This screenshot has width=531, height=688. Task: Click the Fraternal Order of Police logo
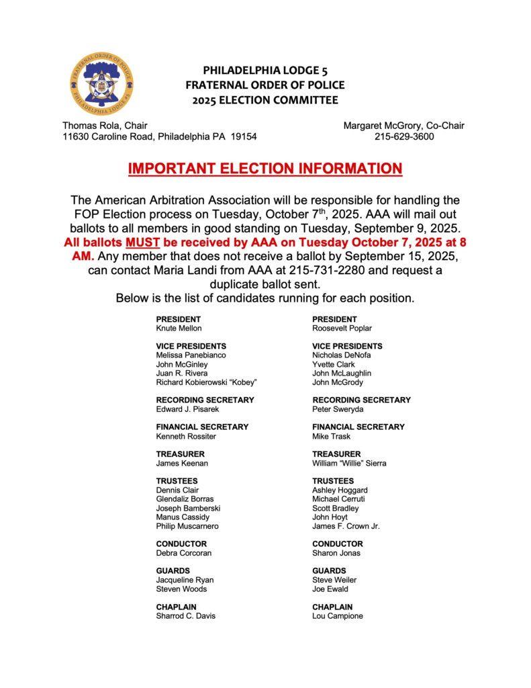tap(101, 84)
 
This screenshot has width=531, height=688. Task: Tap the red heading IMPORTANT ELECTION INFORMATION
tap(265, 168)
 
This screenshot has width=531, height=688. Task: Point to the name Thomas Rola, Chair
tap(105, 125)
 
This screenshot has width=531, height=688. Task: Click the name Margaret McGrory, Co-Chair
tap(403, 125)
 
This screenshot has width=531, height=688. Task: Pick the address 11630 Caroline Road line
tap(159, 136)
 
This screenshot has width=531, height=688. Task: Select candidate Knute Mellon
tap(179, 329)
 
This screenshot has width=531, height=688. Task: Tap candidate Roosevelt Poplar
tap(342, 329)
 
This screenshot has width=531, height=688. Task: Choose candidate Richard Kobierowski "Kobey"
tap(207, 382)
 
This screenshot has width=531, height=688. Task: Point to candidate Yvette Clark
tap(334, 364)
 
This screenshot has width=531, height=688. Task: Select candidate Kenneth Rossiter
tap(186, 436)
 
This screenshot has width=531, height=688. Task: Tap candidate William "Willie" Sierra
tap(349, 463)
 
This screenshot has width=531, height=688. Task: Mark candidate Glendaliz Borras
tap(185, 499)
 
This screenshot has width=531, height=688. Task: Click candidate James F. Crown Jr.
tap(346, 526)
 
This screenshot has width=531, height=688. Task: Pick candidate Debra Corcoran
tap(184, 553)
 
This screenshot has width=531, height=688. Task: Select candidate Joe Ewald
tap(330, 589)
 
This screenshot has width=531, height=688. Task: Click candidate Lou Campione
tap(337, 616)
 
